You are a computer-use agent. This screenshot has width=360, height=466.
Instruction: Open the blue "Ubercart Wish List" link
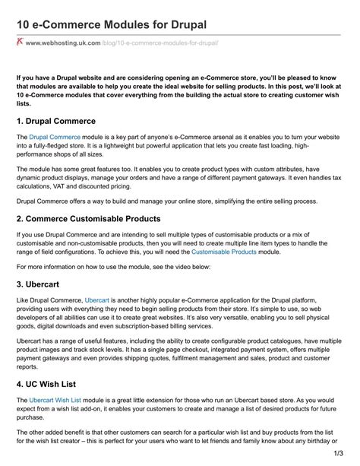[x=62, y=399]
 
